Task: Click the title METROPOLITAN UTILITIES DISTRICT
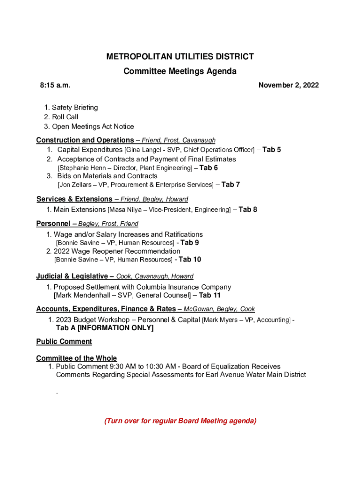pyautogui.click(x=180, y=57)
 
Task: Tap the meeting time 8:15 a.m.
pyautogui.click(x=55, y=85)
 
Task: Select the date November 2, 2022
pyautogui.click(x=288, y=85)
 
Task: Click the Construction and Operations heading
pyautogui.click(x=85, y=140)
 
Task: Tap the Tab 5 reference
pyautogui.click(x=272, y=150)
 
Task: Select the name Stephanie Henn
pyautogui.click(x=79, y=168)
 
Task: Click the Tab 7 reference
pyautogui.click(x=230, y=185)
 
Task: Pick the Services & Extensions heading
pyautogui.click(x=74, y=199)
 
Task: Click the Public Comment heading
pyautogui.click(x=64, y=341)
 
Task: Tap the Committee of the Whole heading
pyautogui.click(x=77, y=358)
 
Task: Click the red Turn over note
pyautogui.click(x=180, y=421)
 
